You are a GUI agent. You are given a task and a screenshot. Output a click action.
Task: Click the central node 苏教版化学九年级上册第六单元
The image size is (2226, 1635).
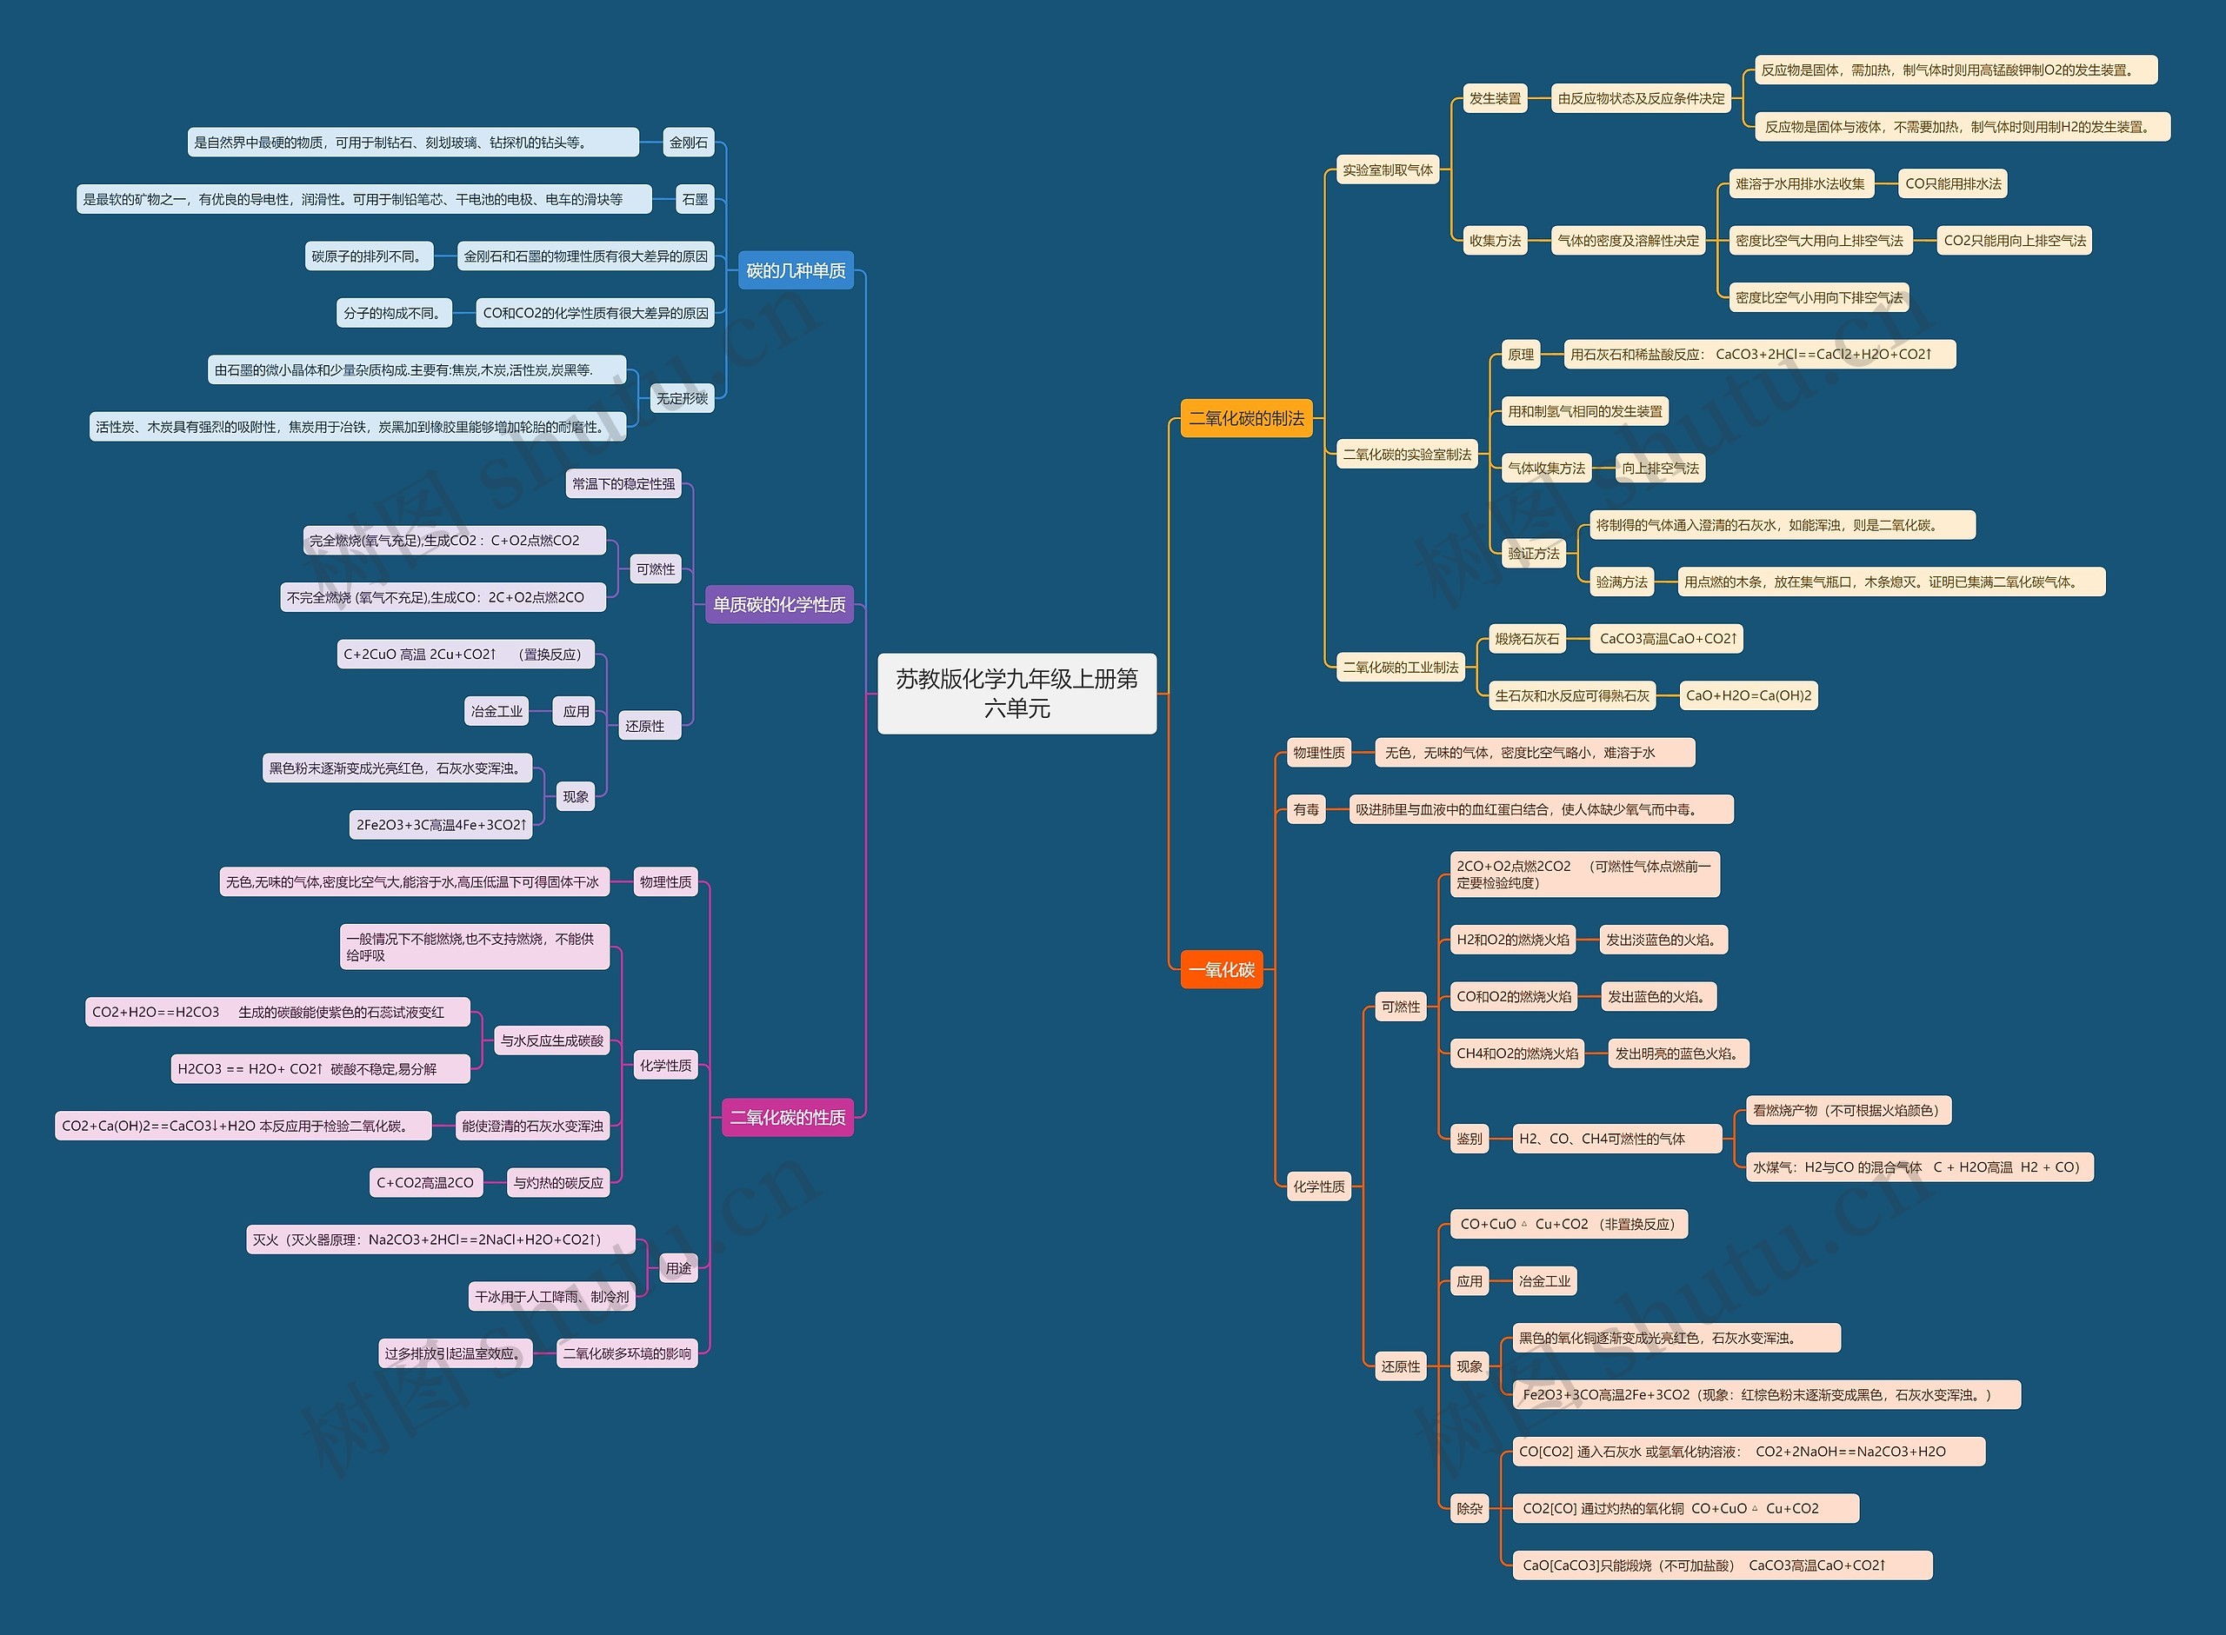[1016, 693]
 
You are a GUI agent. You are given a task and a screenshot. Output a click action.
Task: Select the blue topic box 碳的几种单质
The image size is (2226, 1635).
[796, 270]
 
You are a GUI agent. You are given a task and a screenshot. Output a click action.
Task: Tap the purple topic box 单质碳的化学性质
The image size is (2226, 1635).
[779, 604]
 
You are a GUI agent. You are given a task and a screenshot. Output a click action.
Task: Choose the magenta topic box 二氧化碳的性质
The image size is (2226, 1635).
[788, 1118]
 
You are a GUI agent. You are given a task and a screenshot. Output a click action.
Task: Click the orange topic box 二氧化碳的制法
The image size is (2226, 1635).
[1246, 417]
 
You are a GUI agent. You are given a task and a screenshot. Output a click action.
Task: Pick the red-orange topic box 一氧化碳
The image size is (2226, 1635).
[1222, 970]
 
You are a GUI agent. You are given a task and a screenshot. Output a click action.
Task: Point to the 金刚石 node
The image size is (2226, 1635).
[689, 143]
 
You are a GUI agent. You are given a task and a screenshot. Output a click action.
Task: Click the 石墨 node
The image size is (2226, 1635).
[695, 199]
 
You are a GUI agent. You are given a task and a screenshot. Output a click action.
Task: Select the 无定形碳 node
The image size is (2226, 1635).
[682, 398]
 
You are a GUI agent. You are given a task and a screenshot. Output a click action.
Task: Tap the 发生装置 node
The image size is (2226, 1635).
[1495, 98]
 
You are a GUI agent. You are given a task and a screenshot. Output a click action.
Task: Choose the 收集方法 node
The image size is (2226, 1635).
[1495, 241]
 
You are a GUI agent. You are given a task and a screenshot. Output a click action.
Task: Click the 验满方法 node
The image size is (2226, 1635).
[1622, 582]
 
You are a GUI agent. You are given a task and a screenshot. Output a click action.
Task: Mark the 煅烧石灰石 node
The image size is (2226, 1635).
[1527, 638]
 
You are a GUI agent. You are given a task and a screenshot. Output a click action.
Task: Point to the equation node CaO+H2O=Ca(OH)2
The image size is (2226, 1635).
[1748, 695]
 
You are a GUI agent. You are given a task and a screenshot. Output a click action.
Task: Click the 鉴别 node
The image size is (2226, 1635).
[1469, 1138]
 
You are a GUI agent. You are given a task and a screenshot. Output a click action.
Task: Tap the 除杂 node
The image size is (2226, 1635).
[1469, 1508]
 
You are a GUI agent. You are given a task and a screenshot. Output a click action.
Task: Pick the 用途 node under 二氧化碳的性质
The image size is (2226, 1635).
[678, 1268]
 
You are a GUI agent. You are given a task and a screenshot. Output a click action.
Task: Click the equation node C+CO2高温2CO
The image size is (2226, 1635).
[425, 1183]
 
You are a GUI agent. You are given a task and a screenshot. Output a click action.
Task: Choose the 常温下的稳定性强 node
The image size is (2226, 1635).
[623, 484]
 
